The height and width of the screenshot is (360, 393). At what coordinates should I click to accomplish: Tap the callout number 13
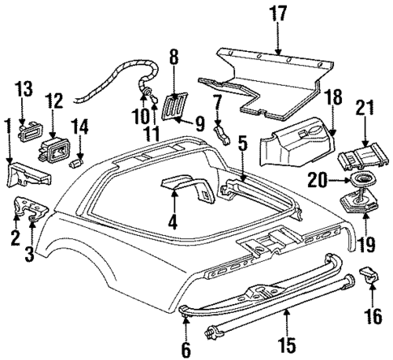click(23, 88)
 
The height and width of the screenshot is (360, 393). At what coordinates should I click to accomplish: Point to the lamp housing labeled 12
click(56, 151)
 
